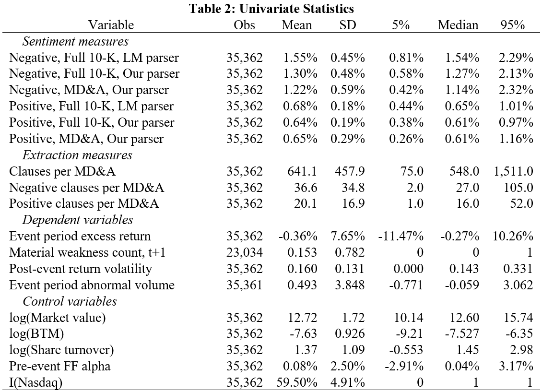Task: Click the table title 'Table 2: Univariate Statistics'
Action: [271, 8]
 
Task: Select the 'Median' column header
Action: [458, 25]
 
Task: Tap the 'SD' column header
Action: [347, 25]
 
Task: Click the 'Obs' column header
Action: [245, 25]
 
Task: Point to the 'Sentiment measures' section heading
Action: [75, 41]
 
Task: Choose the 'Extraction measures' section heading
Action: [77, 155]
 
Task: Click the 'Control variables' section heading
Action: [70, 301]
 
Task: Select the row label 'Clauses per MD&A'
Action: [62, 171]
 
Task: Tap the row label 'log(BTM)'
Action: [36, 333]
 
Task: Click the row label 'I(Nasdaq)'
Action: [35, 383]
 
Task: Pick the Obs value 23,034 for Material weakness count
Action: [245, 252]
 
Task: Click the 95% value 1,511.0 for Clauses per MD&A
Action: [513, 171]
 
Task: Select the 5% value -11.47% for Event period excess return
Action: [401, 236]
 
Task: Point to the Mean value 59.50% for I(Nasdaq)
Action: [297, 382]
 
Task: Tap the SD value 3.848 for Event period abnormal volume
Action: [350, 285]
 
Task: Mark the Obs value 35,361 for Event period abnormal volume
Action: [245, 285]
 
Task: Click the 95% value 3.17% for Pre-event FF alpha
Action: [516, 366]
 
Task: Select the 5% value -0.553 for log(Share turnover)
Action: [406, 350]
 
